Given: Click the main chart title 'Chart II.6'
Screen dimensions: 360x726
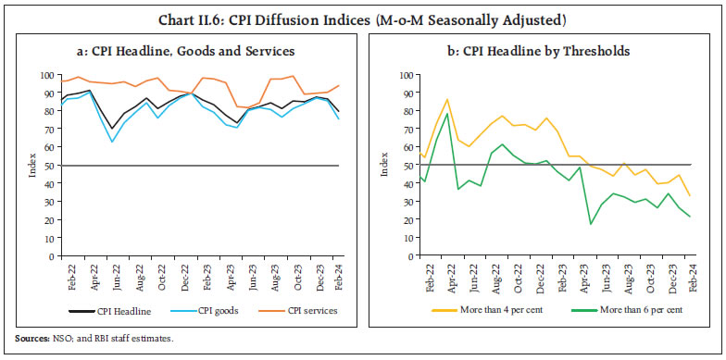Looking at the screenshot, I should tap(361, 19).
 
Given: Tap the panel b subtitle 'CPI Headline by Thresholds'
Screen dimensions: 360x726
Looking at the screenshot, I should tap(540, 50).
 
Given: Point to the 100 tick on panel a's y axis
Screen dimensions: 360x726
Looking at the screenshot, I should tap(45, 75).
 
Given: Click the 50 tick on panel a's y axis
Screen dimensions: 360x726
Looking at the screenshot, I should tap(48, 166).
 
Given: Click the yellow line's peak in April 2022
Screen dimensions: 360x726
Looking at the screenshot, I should tap(447, 99).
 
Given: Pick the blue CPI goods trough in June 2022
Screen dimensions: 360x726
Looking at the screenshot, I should tap(113, 142).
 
